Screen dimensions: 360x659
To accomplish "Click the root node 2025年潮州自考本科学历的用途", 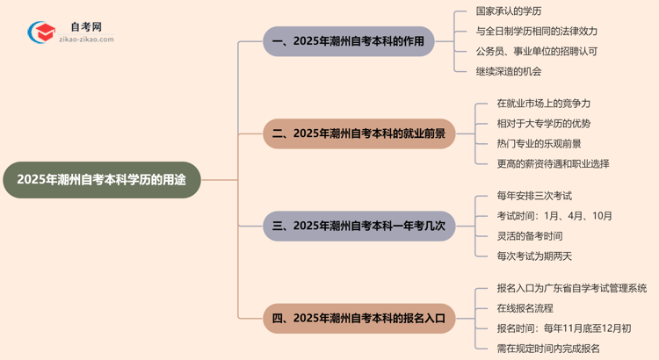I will (x=102, y=179).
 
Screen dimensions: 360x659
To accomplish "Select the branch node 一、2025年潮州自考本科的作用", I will (x=349, y=41).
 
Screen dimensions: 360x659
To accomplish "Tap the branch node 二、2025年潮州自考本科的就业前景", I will (x=359, y=133).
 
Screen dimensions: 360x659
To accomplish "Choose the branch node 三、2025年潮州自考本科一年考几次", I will (x=359, y=226).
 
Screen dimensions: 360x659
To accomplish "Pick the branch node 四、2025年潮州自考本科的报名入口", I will (x=359, y=318).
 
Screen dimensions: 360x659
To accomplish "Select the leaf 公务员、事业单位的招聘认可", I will (x=537, y=52).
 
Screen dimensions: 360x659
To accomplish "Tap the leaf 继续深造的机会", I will (x=509, y=71).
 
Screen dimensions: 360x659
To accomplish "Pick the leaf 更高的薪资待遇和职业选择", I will (x=553, y=163).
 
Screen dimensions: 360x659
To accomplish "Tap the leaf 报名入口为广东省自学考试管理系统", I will (x=571, y=288).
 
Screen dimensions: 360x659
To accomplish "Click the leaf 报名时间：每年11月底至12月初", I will (x=563, y=328).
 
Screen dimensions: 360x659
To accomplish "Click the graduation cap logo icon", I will (x=41, y=33).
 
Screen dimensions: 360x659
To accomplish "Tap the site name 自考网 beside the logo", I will (x=86, y=27).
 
